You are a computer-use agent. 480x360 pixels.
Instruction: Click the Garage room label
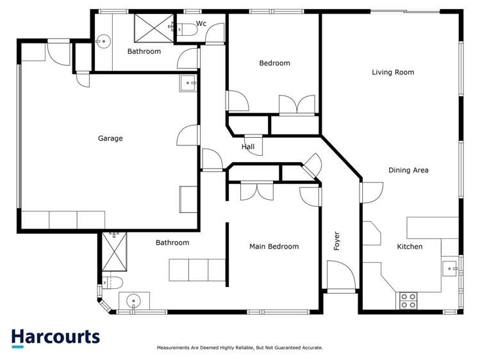tap(110, 138)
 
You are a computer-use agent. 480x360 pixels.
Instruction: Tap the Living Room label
tap(393, 72)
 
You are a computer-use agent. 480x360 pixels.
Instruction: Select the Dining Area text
tap(408, 170)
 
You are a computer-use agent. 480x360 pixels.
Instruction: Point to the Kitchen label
tap(410, 247)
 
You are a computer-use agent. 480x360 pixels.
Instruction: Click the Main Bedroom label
tap(274, 247)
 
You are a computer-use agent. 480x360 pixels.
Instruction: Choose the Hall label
tap(248, 147)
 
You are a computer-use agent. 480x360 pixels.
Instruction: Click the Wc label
tap(201, 24)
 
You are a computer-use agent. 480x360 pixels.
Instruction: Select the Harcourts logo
tap(56, 338)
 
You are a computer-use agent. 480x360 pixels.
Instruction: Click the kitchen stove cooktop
tap(408, 300)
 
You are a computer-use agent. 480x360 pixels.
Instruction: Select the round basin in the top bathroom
tap(103, 40)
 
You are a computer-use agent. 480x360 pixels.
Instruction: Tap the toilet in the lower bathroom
tap(112, 282)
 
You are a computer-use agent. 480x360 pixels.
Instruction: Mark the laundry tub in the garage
tap(188, 82)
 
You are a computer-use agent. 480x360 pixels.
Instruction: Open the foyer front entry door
tap(342, 277)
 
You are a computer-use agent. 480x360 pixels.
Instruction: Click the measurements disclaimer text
tap(240, 348)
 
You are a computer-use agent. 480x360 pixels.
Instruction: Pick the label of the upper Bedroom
tap(274, 63)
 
